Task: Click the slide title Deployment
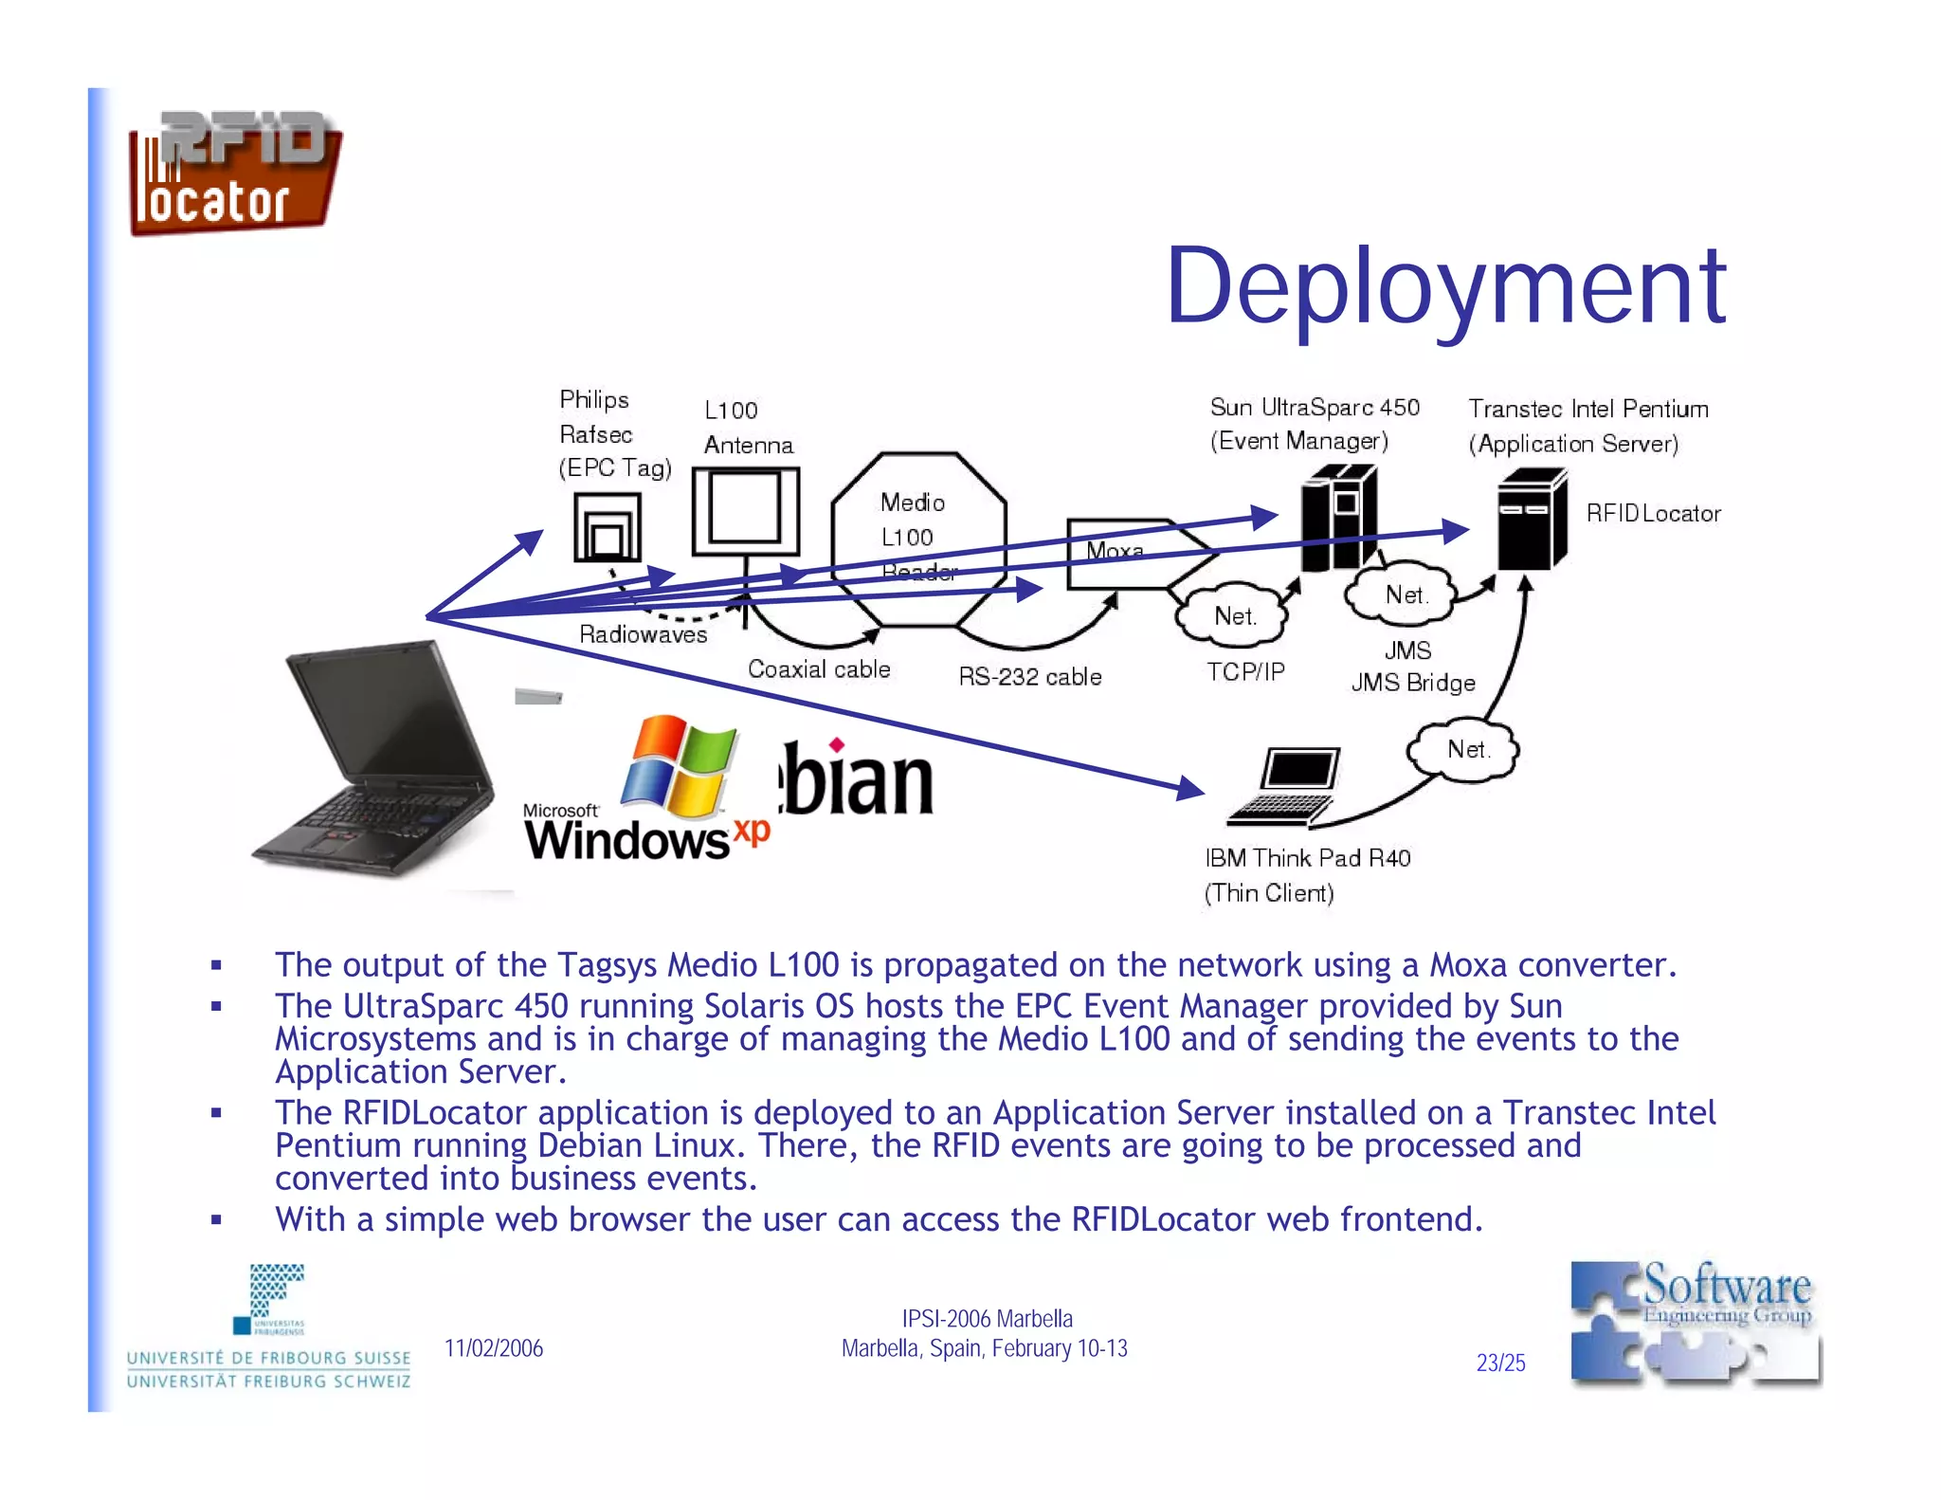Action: point(1445,285)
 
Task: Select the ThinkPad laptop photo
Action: point(375,759)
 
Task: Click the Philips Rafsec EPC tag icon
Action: point(607,529)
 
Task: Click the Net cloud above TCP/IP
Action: point(1233,616)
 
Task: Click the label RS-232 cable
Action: point(1029,677)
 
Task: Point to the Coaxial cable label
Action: point(819,669)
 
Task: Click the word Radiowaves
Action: point(643,634)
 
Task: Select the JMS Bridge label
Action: point(1412,683)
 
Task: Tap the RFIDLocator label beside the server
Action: point(1653,514)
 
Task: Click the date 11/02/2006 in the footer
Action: point(494,1348)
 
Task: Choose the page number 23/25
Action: point(1500,1363)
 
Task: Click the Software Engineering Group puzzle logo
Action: point(1695,1323)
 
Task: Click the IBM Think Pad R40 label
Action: point(1307,858)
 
